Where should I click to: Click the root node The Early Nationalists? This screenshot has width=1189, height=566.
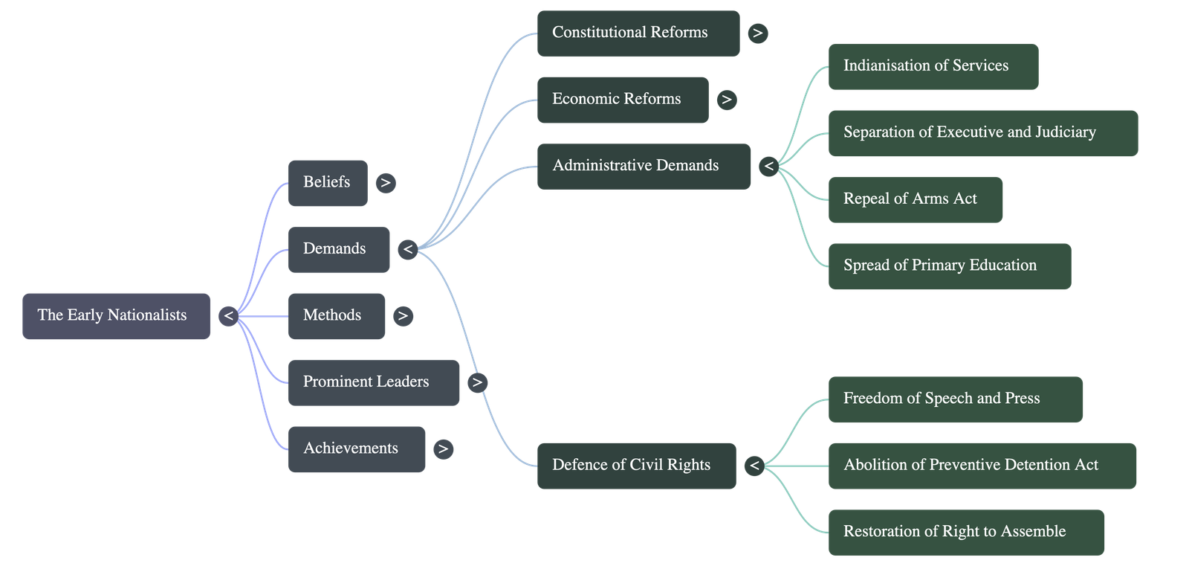[x=116, y=316]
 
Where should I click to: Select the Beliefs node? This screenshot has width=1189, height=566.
[x=328, y=184]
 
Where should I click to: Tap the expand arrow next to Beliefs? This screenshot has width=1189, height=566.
[x=386, y=184]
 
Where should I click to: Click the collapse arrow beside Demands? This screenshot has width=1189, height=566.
[x=408, y=250]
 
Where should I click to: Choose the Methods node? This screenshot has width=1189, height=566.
[x=337, y=316]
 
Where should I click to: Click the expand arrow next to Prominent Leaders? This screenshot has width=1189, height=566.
[x=478, y=382]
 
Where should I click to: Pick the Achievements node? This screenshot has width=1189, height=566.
[x=357, y=449]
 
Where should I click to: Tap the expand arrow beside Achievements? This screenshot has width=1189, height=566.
[x=443, y=449]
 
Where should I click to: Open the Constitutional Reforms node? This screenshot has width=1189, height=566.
[x=638, y=33]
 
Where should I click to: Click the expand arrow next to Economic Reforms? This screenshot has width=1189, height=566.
[x=727, y=100]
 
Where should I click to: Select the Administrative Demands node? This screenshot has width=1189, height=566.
[x=644, y=167]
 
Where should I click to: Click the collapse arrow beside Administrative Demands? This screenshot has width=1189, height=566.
[x=768, y=167]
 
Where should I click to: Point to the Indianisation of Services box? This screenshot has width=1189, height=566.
[x=933, y=67]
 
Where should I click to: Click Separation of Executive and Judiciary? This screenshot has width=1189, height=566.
[x=983, y=133]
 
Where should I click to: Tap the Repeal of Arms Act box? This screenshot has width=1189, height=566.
[x=916, y=200]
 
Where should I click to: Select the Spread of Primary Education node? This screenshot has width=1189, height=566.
[x=950, y=266]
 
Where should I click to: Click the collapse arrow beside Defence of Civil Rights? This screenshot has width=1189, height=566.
[x=754, y=466]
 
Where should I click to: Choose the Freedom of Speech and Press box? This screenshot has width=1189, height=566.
[x=956, y=399]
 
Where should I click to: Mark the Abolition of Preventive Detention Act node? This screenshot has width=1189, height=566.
[x=982, y=466]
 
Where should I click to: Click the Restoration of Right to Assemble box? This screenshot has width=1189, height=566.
[x=967, y=533]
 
